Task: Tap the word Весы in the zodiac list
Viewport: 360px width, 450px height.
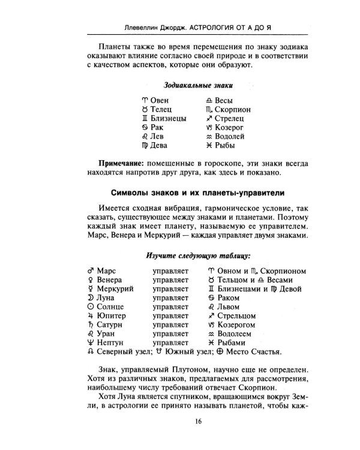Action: point(224,100)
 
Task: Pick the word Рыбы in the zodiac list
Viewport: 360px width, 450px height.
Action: point(224,145)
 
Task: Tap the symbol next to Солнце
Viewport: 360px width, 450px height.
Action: point(91,307)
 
